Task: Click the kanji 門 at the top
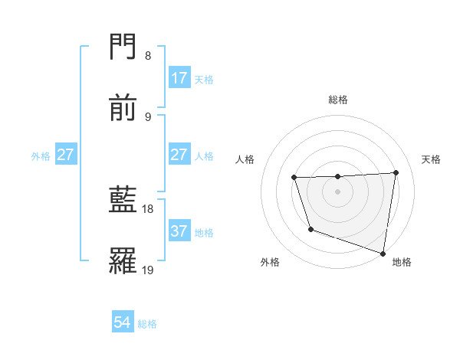pos(123,48)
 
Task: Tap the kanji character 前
pos(123,109)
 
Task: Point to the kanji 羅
pos(123,261)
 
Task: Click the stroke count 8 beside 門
pos(147,56)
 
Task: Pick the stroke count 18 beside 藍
pos(148,208)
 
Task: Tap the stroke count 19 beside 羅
pos(148,270)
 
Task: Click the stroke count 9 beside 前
pos(147,116)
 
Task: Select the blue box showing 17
pos(179,78)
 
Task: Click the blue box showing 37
pos(179,231)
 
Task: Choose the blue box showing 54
pos(123,323)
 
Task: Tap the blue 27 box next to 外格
pos(66,155)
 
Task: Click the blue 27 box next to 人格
pos(179,155)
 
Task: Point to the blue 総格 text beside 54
pos(147,324)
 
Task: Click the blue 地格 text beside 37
pos(204,232)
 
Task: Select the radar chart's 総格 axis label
pos(338,100)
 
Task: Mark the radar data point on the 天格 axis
pos(396,172)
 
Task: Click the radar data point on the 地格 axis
pos(383,252)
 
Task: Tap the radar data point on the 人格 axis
pos(294,178)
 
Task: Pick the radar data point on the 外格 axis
pos(310,229)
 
